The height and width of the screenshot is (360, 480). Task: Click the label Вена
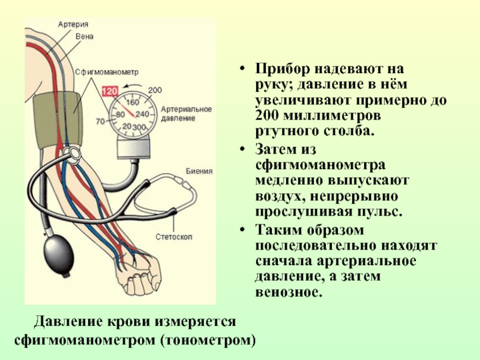pos(84,37)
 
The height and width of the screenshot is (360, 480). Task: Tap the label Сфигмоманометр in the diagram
pos(106,71)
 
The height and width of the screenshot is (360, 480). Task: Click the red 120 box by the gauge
pos(110,92)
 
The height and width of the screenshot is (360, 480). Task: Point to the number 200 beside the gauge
pos(155,90)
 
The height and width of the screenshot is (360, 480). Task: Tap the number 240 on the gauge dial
pos(142,114)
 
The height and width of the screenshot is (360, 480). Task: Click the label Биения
pos(199,171)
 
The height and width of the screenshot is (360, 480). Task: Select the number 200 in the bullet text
pos(266,114)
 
